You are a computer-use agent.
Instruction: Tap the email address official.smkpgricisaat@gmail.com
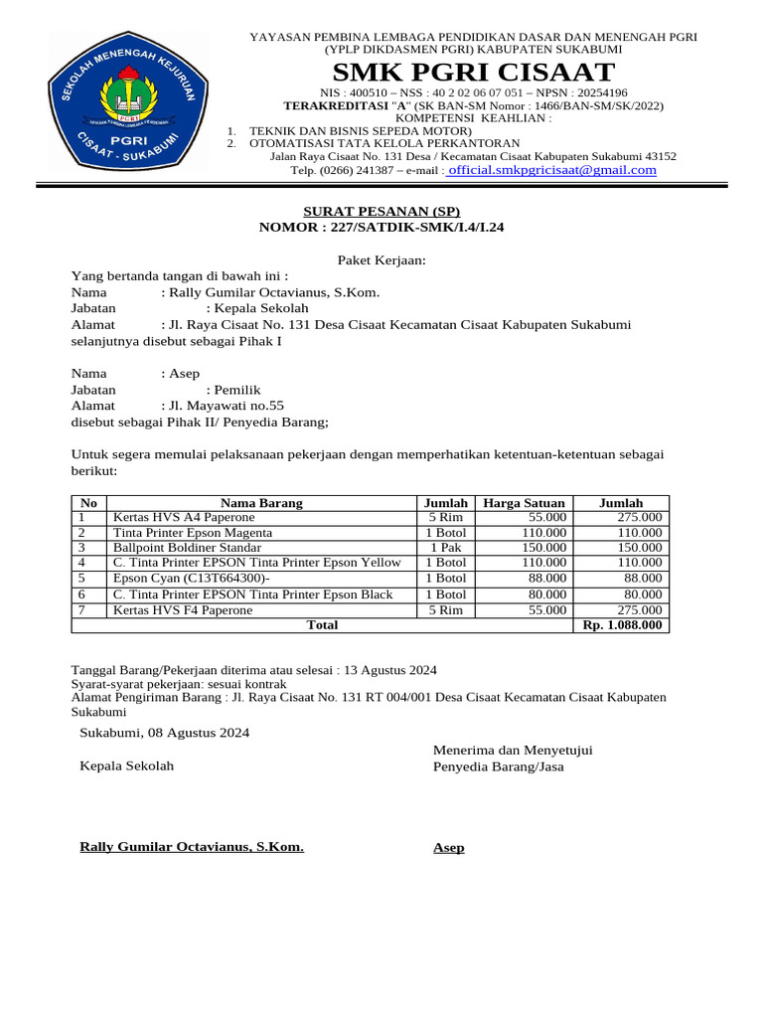point(552,170)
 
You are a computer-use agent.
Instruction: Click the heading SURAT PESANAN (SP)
point(381,212)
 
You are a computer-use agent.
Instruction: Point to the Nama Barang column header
point(261,503)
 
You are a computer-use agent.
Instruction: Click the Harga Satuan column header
point(524,503)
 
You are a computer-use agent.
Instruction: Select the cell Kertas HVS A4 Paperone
point(184,518)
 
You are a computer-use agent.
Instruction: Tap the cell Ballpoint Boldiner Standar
point(188,548)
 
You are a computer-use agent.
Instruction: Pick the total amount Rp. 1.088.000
point(623,625)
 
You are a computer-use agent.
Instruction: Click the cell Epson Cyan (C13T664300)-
point(192,579)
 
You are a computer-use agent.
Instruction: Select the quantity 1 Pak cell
point(445,548)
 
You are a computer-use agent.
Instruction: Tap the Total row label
point(322,625)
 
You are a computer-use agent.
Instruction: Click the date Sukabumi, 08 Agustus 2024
point(164,733)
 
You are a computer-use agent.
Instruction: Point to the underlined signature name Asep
point(448,848)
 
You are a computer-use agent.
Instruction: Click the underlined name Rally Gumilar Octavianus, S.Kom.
point(192,847)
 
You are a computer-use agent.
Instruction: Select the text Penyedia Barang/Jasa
point(498,766)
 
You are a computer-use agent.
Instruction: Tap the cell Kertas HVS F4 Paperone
point(183,610)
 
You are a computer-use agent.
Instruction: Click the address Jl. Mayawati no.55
point(222,406)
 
